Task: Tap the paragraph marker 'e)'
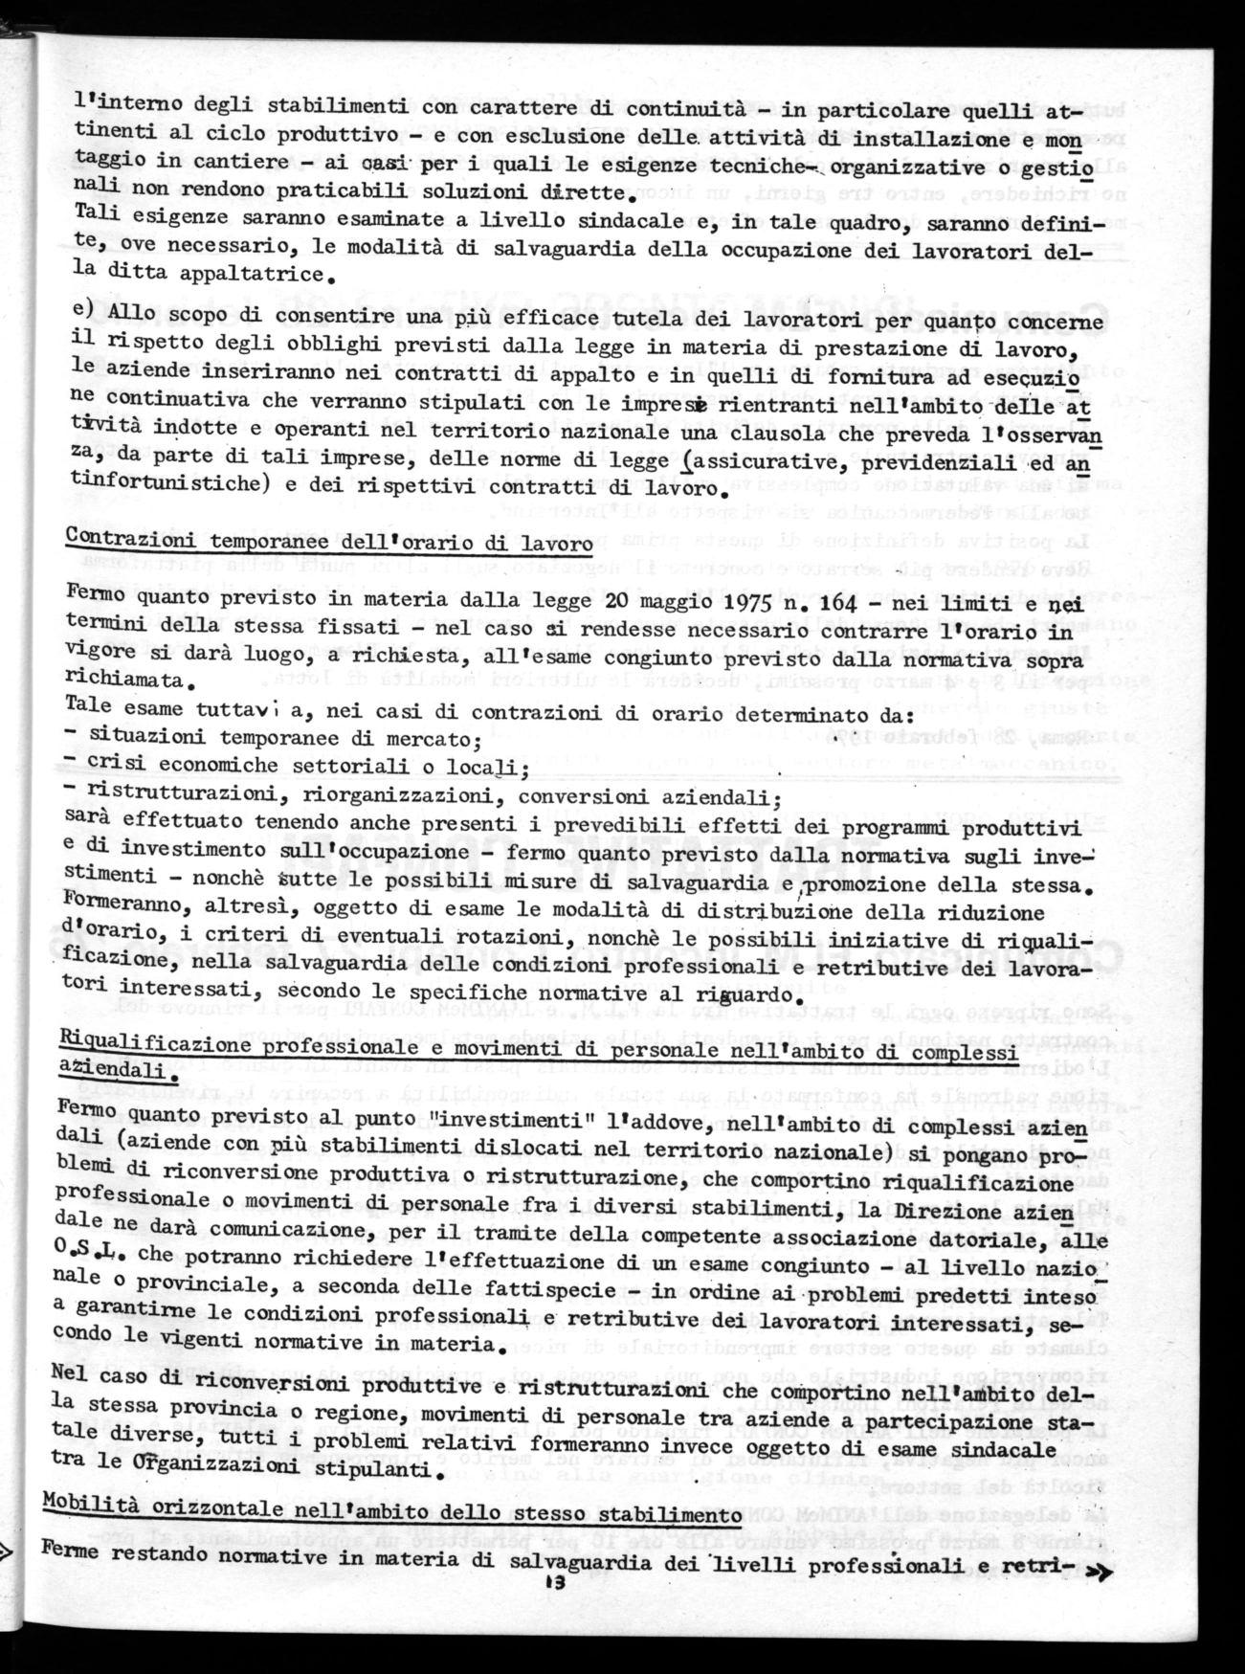click(83, 309)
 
